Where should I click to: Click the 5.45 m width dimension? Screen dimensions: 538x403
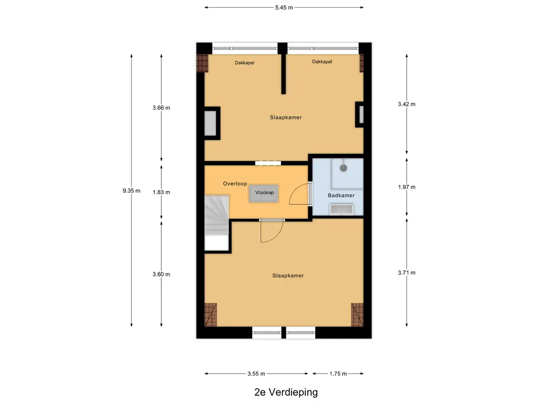284,7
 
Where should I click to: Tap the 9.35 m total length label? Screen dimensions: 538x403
131,190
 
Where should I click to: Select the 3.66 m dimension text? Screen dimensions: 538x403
161,108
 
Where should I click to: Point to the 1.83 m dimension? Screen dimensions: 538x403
161,192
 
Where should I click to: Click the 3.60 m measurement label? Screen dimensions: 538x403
161,274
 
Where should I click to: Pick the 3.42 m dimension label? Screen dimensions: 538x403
407,104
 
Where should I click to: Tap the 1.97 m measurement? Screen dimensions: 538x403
407,187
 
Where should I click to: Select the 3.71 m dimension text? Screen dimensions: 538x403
407,273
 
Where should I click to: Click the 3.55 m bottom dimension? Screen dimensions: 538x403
256,374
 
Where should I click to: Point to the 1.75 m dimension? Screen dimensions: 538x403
338,374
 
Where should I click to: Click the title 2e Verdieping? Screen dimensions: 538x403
286,392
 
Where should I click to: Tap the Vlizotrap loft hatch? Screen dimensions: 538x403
264,193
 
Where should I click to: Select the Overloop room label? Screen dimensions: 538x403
235,184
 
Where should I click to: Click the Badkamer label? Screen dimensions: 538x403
341,195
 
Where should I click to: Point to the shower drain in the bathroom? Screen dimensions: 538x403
344,168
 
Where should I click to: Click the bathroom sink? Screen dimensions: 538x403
342,209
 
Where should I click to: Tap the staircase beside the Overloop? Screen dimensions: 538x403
217,222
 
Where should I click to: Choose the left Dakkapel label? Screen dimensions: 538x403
245,63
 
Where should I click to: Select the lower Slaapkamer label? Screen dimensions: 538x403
288,275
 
